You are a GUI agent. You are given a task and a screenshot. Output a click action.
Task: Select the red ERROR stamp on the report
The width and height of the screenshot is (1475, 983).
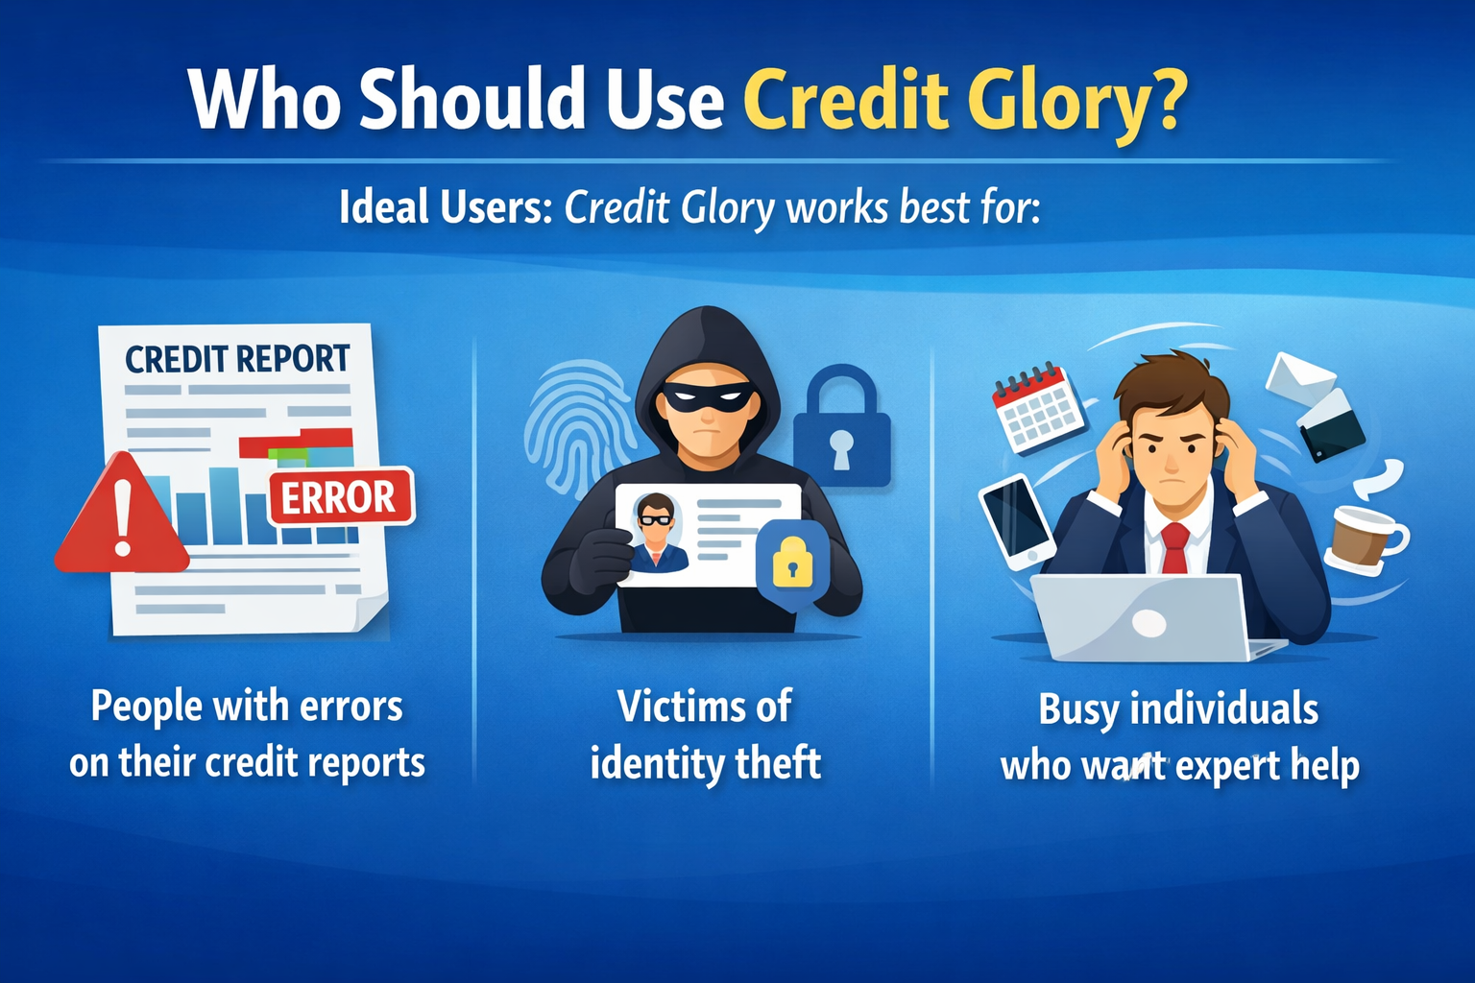coord(339,497)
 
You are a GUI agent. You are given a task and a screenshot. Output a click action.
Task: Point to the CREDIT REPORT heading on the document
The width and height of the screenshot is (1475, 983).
coord(237,359)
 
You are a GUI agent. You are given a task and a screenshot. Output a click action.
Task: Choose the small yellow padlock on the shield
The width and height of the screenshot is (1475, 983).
coord(792,563)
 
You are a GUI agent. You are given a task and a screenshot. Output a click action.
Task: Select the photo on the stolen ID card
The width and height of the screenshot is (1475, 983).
coord(657,532)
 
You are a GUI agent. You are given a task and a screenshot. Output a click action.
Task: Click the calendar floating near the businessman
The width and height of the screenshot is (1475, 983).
coord(1037,407)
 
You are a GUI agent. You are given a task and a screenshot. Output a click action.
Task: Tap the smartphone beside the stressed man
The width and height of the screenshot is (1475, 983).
coord(1016,519)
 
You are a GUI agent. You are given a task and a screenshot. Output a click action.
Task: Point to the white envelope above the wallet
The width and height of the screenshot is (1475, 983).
coord(1299,378)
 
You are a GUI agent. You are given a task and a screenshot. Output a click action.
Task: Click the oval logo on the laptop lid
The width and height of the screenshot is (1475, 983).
coord(1149,623)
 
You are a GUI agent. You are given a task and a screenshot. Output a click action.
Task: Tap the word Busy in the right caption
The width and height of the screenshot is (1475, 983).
coord(1078,709)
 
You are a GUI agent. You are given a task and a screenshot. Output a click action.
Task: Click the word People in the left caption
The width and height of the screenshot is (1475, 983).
coord(146,707)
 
